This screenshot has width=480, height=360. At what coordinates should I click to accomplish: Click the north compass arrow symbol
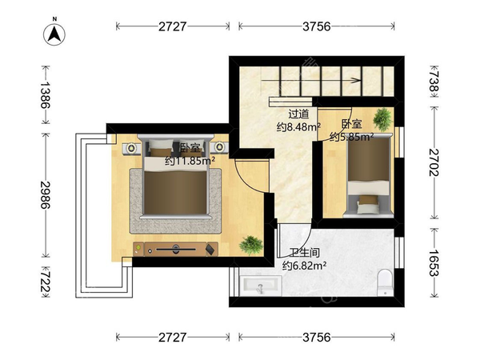pyautogui.click(x=54, y=34)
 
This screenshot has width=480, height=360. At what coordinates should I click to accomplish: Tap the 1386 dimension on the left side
pyautogui.click(x=45, y=94)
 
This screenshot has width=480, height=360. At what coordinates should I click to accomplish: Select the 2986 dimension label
pyautogui.click(x=45, y=194)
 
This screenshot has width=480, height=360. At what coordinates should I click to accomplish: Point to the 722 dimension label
pyautogui.click(x=45, y=282)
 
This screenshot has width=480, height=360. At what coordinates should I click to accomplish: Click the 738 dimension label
pyautogui.click(x=434, y=82)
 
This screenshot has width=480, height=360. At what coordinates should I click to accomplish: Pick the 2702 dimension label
pyautogui.click(x=434, y=162)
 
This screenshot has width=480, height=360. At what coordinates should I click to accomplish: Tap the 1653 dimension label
pyautogui.click(x=434, y=262)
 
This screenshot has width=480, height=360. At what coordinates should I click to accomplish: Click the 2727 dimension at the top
pyautogui.click(x=172, y=26)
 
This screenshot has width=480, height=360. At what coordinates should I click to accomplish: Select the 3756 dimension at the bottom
pyautogui.click(x=317, y=338)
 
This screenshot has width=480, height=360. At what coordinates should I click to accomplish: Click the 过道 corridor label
pyautogui.click(x=298, y=114)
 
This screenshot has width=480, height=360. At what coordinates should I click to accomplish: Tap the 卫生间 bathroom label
pyautogui.click(x=305, y=253)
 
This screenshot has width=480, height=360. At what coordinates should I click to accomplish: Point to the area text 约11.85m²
pyautogui.click(x=190, y=160)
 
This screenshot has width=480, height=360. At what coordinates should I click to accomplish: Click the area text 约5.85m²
pyautogui.click(x=351, y=137)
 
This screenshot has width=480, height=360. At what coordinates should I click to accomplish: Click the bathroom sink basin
pyautogui.click(x=261, y=286)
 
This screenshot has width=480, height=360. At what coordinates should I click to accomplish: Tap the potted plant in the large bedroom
pyautogui.click(x=251, y=245)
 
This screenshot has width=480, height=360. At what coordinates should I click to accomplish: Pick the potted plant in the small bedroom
pyautogui.click(x=382, y=119)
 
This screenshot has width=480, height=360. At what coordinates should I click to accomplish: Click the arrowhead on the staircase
pyautogui.click(x=356, y=80)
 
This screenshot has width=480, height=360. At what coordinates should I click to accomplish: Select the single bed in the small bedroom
pyautogui.click(x=369, y=175)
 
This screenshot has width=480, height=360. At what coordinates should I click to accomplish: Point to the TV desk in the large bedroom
pyautogui.click(x=176, y=249)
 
